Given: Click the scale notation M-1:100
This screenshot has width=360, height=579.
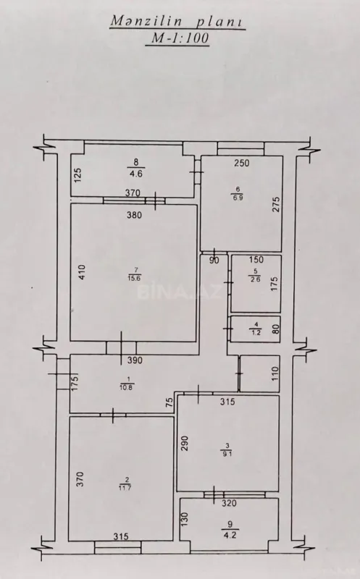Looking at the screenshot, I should [x=177, y=41].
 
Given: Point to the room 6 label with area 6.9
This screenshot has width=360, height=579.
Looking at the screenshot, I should [x=236, y=193].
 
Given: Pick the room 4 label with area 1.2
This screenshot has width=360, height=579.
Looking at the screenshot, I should [x=254, y=329].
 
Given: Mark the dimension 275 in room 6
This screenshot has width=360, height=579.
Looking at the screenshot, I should [x=275, y=206].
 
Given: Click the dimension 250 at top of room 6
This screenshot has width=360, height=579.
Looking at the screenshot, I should [x=241, y=164].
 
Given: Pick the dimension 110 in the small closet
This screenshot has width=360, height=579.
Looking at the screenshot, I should [x=274, y=374].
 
